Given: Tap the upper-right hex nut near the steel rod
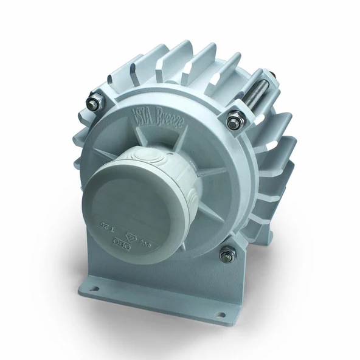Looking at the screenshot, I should tap(234, 123).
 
